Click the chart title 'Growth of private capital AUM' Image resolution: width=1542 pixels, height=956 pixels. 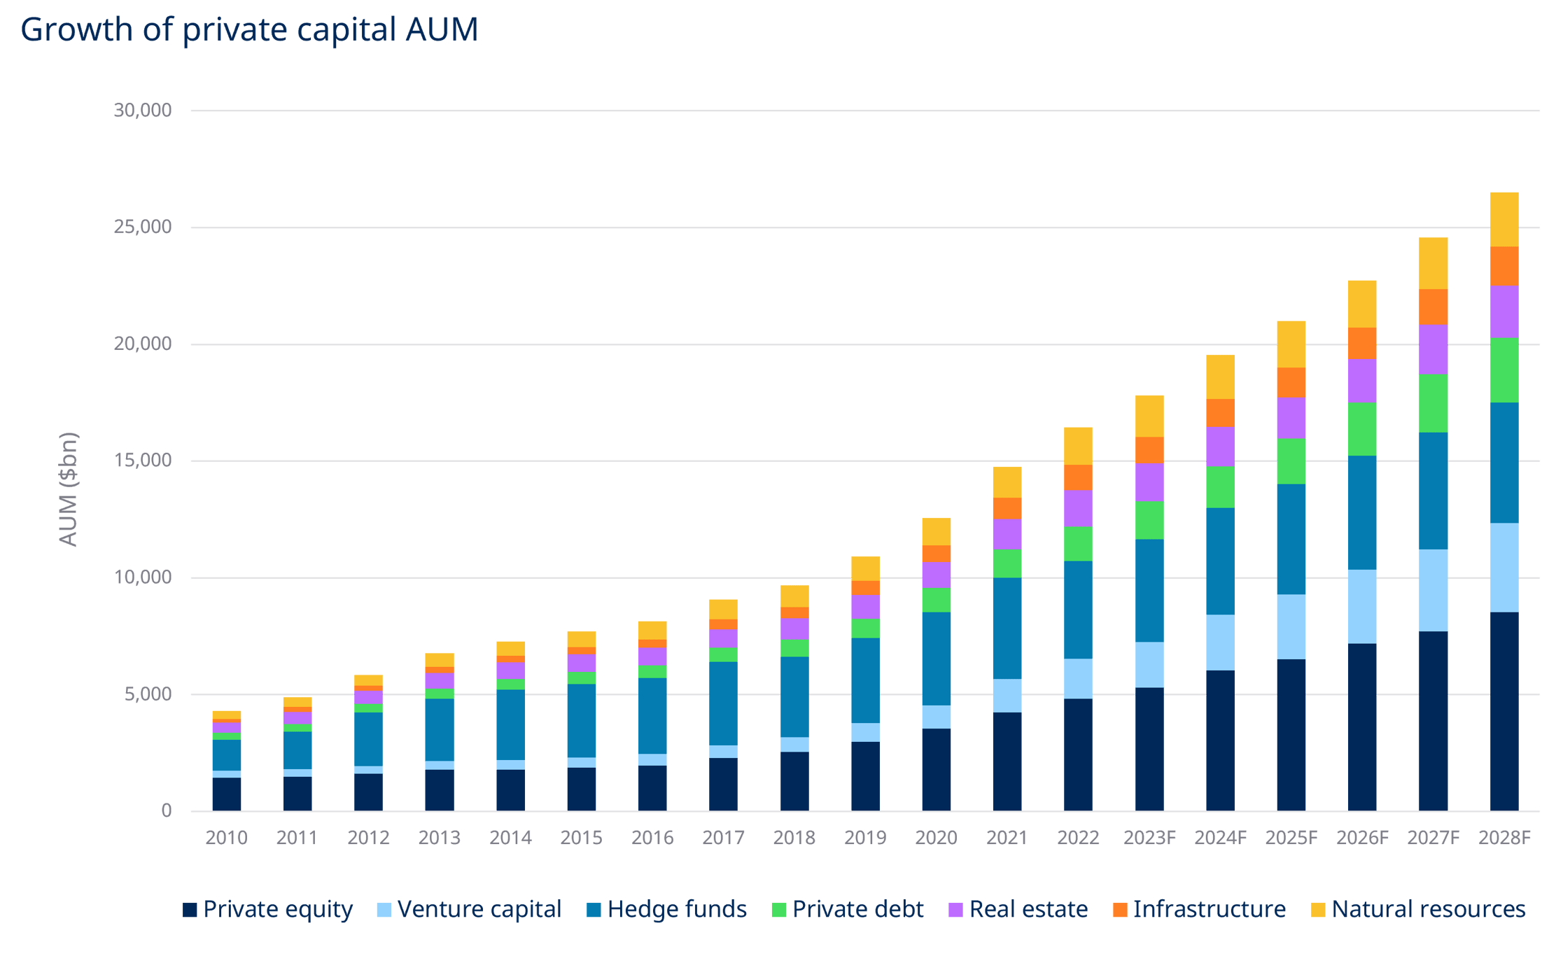coord(249,31)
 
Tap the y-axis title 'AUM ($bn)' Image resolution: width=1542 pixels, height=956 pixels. coord(69,489)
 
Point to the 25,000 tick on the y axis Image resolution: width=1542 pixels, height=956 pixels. coord(143,227)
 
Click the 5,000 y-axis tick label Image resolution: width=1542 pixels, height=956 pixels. coord(148,694)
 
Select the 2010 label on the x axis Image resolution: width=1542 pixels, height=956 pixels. coord(226,838)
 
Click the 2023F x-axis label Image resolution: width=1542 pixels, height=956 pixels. coord(1149,838)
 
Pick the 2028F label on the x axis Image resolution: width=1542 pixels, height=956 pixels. coord(1504,838)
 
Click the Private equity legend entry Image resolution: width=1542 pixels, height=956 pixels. coord(267,909)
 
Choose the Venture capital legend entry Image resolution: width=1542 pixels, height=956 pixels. coord(469,909)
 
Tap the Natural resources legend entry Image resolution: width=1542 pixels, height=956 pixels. coord(1418,909)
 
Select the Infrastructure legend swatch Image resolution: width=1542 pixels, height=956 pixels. coord(1120,910)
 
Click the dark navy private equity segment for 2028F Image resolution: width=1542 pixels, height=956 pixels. coord(1504,710)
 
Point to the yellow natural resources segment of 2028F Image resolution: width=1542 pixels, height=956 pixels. coord(1504,219)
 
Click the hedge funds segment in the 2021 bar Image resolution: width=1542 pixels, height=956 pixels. coord(1007,628)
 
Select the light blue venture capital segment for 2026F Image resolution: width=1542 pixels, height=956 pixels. coord(1361,606)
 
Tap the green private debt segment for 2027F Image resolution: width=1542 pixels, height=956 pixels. coord(1433,403)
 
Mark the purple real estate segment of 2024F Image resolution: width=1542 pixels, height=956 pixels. coord(1220,447)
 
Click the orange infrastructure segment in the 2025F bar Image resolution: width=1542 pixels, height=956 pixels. coord(1291,382)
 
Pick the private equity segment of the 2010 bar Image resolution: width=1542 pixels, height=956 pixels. coord(226,794)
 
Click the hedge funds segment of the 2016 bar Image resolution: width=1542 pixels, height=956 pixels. coord(652,715)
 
